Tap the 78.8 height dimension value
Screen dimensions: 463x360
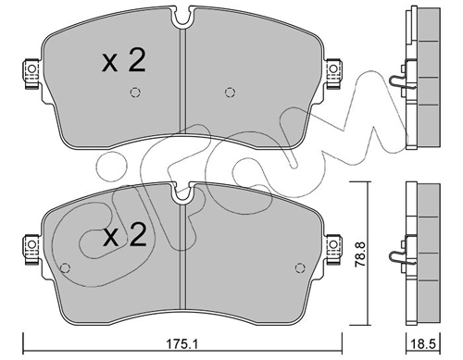(360, 254)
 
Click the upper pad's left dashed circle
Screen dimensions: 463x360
(135, 93)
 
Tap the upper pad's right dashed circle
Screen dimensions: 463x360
(230, 93)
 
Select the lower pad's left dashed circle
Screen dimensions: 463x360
(65, 267)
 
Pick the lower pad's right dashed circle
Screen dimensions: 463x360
(300, 267)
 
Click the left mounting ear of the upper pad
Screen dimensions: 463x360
(31, 74)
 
